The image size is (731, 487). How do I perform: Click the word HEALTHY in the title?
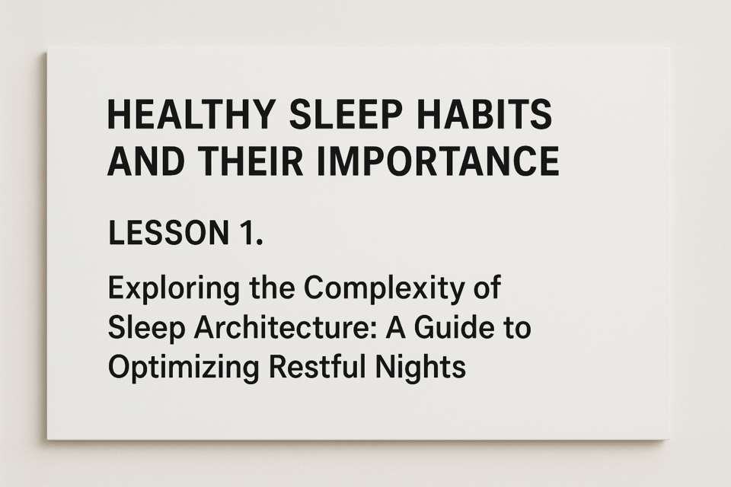[x=190, y=114]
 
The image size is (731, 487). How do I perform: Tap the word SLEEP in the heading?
[x=346, y=114]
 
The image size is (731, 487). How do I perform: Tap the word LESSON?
[x=168, y=233]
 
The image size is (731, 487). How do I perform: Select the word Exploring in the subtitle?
[x=174, y=290]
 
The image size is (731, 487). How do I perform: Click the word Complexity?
[x=384, y=290]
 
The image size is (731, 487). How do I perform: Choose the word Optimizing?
[x=183, y=368]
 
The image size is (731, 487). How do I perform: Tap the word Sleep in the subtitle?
[x=146, y=329]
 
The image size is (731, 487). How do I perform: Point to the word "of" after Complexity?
[x=487, y=288]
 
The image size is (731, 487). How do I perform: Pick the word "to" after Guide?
[x=517, y=329]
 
